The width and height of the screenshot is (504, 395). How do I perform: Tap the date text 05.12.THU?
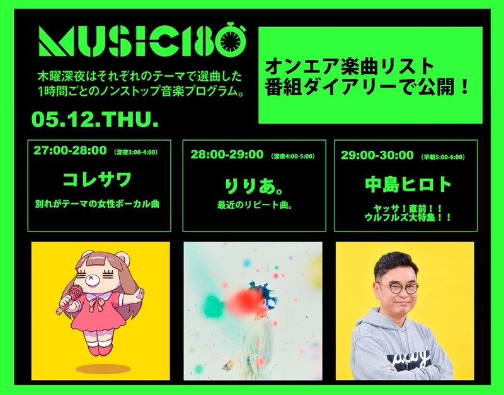click(x=95, y=119)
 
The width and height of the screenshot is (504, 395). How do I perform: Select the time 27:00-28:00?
click(x=70, y=150)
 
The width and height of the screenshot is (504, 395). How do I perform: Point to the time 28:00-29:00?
click(x=227, y=155)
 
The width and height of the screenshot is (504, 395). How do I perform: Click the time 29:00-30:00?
click(x=377, y=155)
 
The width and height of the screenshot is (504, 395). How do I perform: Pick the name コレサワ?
click(x=98, y=179)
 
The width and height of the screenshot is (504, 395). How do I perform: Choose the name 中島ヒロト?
click(x=408, y=184)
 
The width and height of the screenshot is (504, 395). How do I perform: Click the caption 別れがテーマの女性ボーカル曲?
click(x=97, y=204)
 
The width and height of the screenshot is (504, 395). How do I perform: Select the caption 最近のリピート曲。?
click(x=255, y=204)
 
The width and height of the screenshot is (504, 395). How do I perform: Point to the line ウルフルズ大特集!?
click(x=408, y=217)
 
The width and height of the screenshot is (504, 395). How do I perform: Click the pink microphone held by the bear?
click(x=70, y=298)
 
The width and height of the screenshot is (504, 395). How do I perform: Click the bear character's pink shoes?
click(x=100, y=350)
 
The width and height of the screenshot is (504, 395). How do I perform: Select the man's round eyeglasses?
click(x=399, y=288)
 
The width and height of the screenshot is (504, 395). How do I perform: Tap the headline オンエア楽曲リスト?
click(x=350, y=66)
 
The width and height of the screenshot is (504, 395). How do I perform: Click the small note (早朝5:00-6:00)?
click(x=443, y=157)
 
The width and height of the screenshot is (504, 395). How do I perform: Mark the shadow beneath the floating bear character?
click(x=103, y=368)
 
